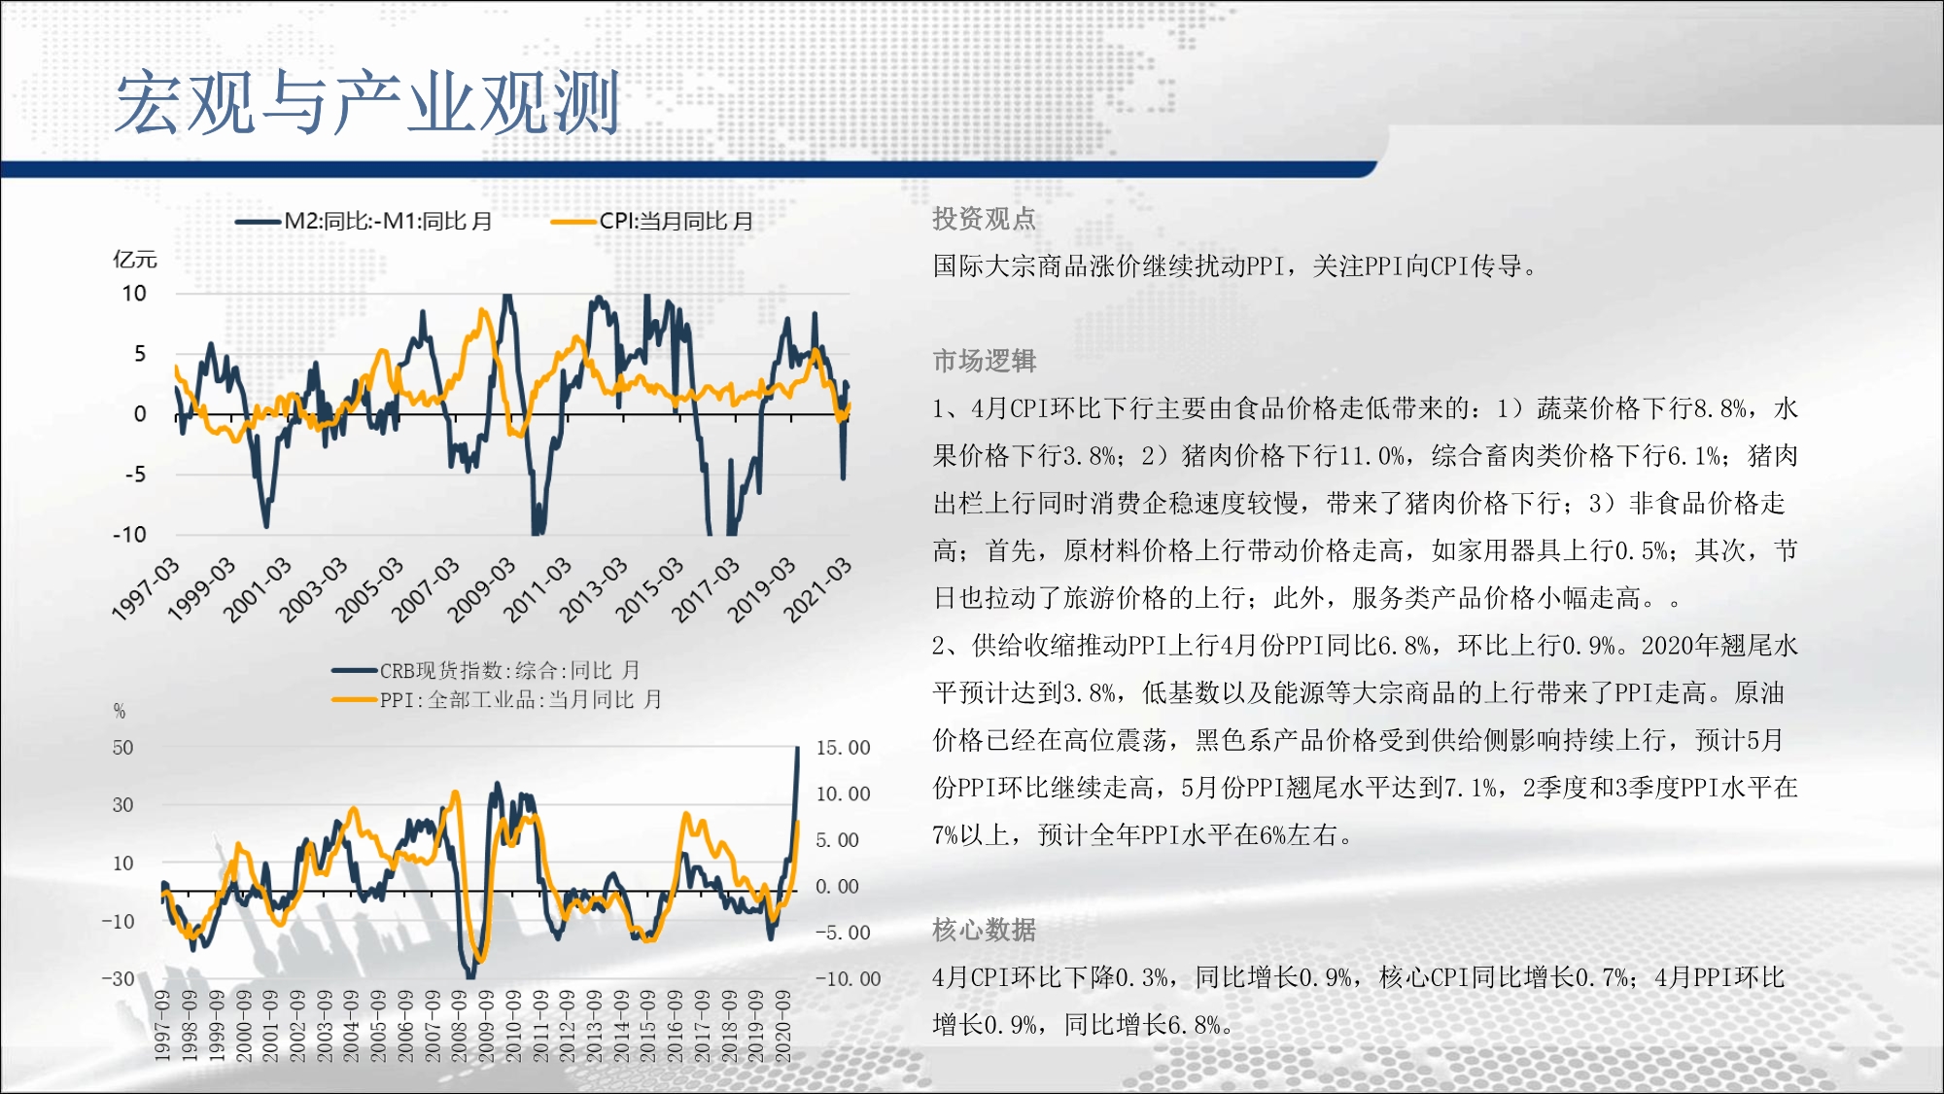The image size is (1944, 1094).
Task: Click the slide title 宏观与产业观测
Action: [x=367, y=102]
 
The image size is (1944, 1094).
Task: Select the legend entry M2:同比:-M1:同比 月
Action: [x=364, y=221]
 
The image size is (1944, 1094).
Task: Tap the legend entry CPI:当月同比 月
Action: [x=652, y=221]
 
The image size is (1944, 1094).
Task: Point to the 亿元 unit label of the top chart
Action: [x=135, y=259]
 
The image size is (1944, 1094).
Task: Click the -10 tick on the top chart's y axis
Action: [x=129, y=534]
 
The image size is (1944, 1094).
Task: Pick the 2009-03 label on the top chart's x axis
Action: [x=481, y=589]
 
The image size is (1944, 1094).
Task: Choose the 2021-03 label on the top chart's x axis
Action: [x=817, y=589]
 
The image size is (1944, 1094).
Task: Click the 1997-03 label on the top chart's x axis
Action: [x=146, y=589]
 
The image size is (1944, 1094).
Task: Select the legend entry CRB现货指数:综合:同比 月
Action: [x=486, y=670]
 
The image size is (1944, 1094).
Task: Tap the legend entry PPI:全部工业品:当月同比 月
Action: [x=497, y=699]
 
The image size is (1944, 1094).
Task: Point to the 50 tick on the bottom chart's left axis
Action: [x=122, y=748]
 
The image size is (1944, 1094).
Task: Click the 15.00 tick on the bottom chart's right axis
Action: [x=843, y=748]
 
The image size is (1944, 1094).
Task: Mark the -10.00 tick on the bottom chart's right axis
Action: [x=848, y=978]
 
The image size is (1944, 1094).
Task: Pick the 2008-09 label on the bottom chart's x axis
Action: [x=460, y=1026]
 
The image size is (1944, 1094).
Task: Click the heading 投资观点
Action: [x=985, y=219]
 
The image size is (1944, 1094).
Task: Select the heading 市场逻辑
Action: [x=985, y=361]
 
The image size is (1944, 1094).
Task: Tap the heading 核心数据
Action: [x=985, y=930]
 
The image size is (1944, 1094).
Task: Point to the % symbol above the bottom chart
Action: [x=120, y=711]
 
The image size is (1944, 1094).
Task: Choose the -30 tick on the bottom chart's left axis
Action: [x=119, y=978]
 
